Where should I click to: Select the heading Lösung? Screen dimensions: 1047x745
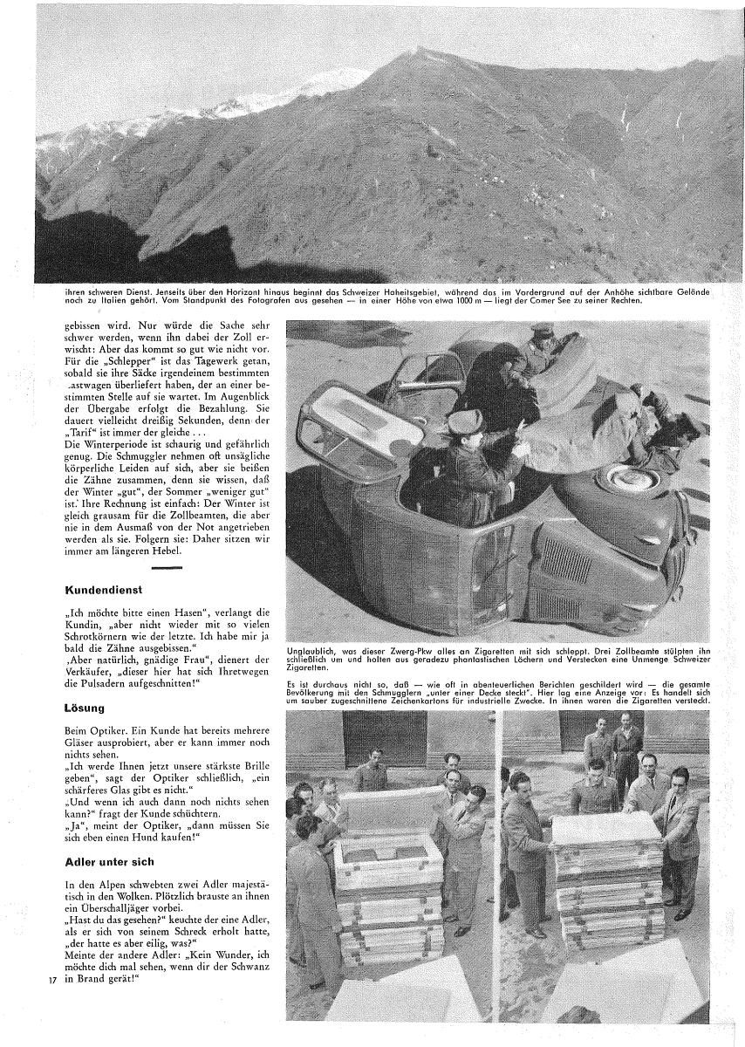point(85,698)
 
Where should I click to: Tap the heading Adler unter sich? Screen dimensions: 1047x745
point(110,862)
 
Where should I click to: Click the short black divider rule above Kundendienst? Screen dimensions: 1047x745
point(166,568)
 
